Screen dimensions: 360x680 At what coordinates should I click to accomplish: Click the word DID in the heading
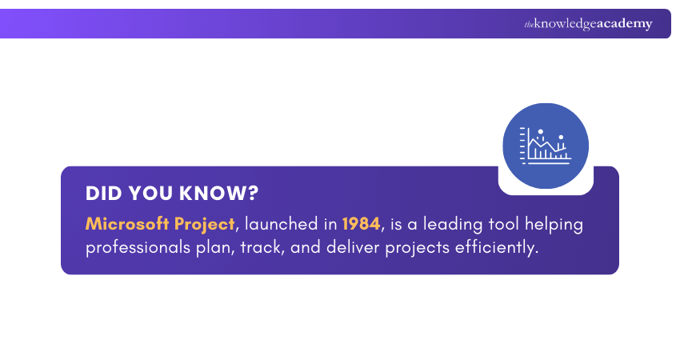[x=104, y=194]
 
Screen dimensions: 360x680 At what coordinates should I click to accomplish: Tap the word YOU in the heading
[x=152, y=194]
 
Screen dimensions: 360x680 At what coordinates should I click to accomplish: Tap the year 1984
[x=361, y=224]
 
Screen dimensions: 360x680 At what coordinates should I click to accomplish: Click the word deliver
[x=354, y=248]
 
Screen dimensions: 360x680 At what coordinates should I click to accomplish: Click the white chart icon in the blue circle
[x=545, y=146]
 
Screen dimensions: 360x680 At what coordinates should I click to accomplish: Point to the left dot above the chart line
[x=541, y=131]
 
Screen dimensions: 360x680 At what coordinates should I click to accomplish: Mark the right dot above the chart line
[x=561, y=137]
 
